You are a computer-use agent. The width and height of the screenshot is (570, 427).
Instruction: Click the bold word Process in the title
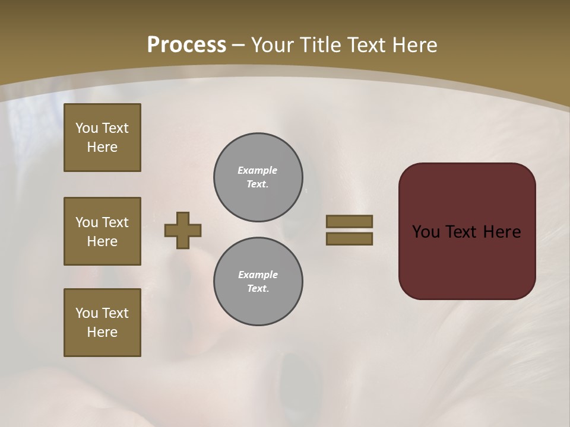186,45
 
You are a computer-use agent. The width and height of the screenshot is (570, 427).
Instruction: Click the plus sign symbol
183,230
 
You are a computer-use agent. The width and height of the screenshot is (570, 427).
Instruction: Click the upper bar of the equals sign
349,221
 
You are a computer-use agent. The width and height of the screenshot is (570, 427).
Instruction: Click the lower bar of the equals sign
349,238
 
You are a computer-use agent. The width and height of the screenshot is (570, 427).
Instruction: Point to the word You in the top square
87,128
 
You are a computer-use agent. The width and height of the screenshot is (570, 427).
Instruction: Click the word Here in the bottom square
102,332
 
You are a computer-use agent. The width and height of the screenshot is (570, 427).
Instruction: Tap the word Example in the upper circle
258,170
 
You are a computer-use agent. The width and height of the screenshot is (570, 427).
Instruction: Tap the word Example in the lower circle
258,275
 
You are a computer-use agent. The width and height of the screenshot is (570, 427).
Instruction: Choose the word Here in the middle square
102,241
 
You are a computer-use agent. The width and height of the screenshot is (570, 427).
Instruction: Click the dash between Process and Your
238,45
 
